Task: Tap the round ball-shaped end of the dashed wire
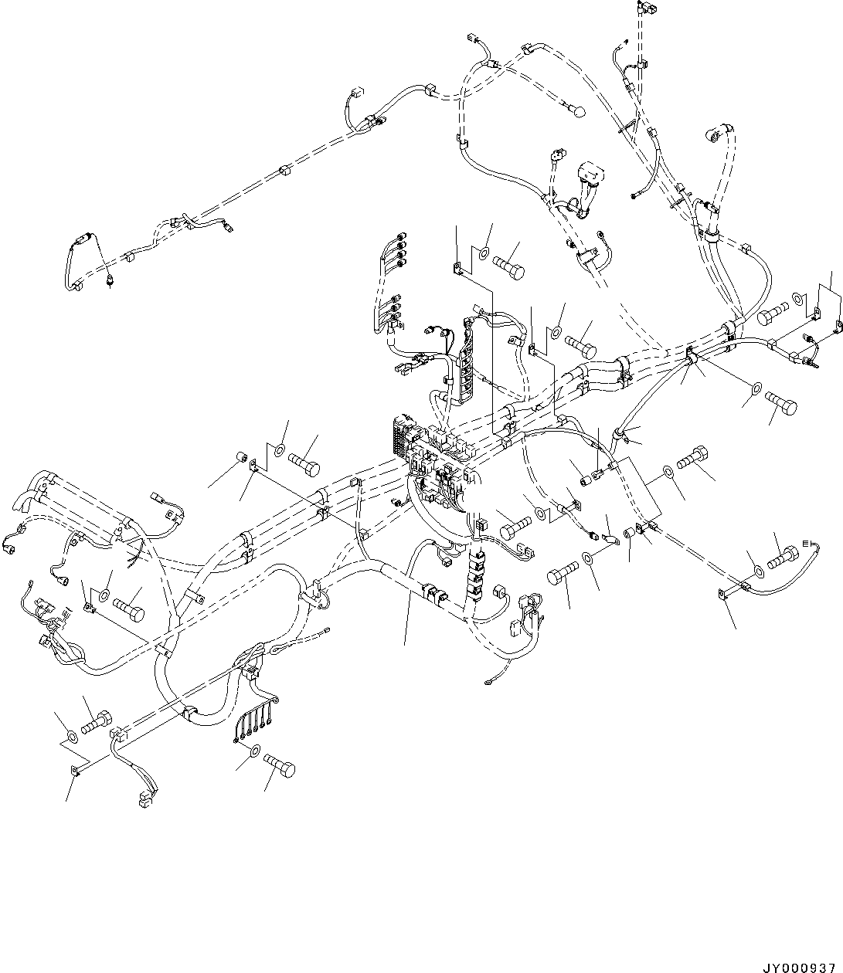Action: click(576, 113)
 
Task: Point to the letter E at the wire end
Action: click(809, 545)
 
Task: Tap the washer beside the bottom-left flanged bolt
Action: click(70, 735)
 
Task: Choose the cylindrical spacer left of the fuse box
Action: click(240, 461)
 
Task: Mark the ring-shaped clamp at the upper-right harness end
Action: click(712, 134)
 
